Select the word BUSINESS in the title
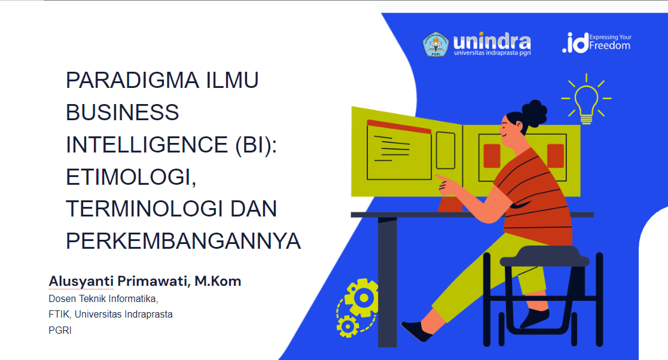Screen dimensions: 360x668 tap(123, 112)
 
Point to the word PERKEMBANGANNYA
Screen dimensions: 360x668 tap(183, 241)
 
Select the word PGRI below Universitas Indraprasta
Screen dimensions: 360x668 tap(60, 330)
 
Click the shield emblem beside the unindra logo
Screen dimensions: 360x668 tap(435, 44)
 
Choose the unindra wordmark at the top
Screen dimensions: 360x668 tap(492, 42)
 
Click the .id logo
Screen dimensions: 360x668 tap(575, 43)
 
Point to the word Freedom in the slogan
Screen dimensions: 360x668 tap(609, 45)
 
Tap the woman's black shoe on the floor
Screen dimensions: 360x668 tap(416, 331)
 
